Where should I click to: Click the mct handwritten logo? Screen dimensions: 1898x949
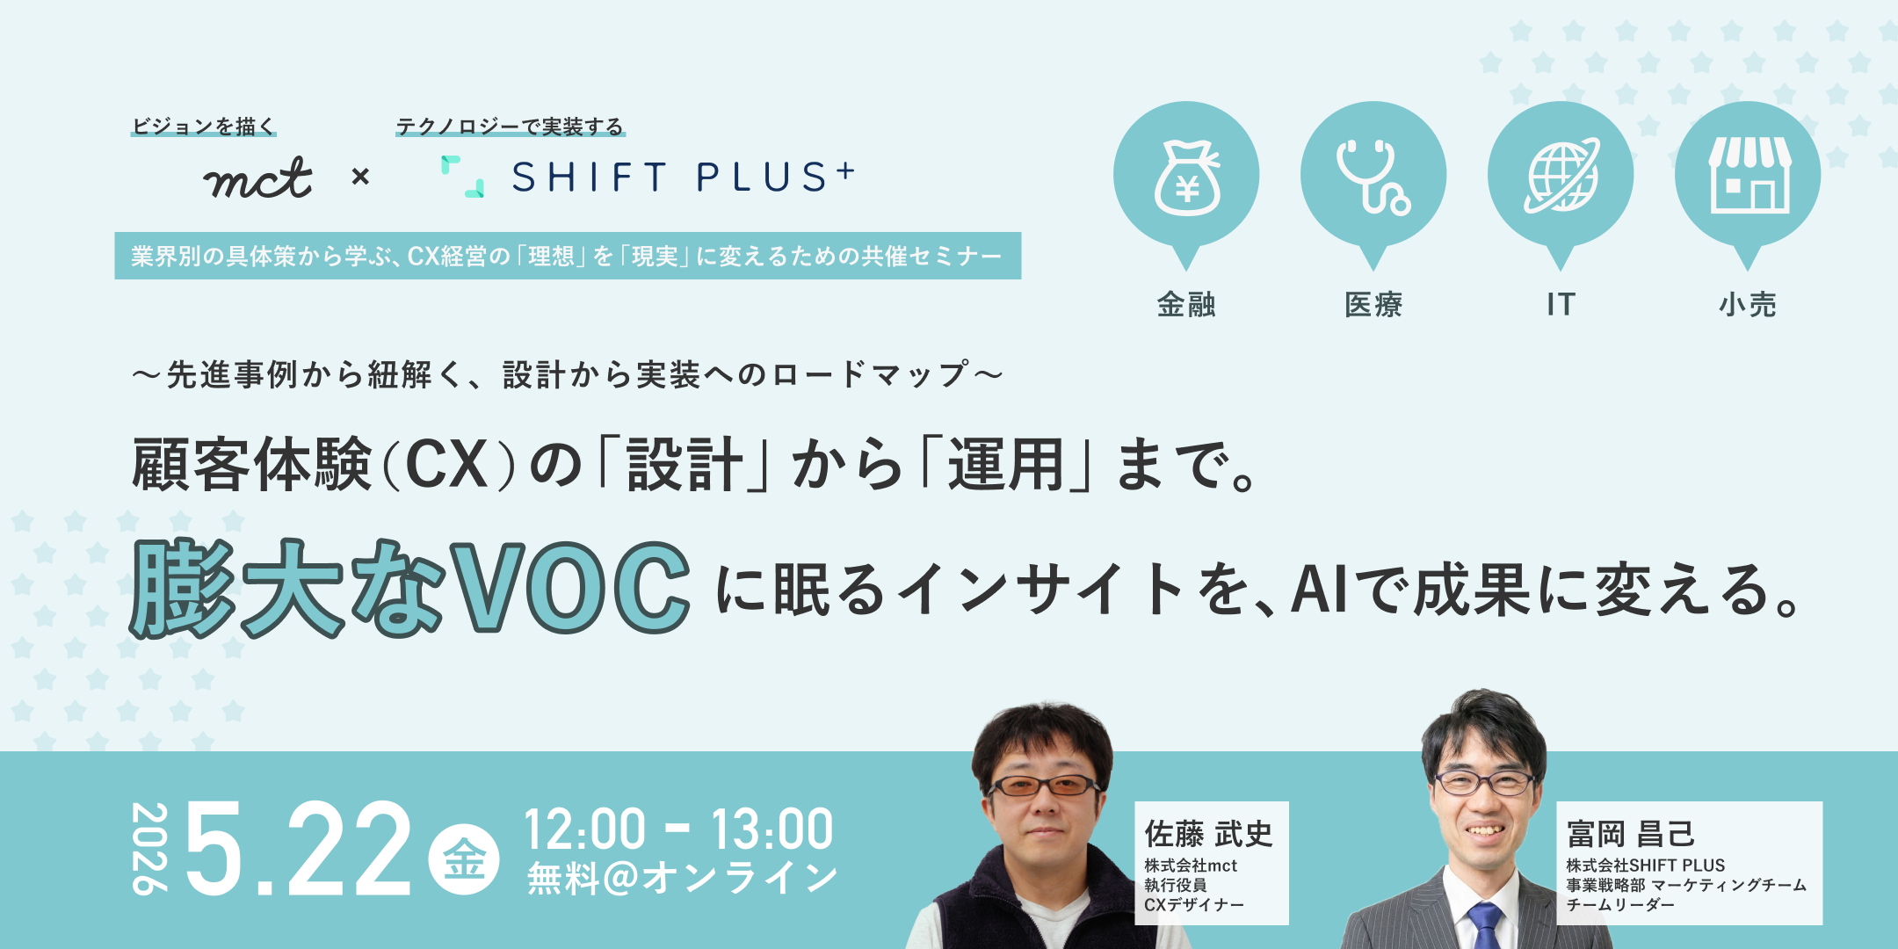257,177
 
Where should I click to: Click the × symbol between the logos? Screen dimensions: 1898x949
360,177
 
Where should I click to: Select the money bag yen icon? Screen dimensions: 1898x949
1187,177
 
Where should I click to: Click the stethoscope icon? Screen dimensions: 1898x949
1373,177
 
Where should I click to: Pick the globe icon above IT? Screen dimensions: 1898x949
1561,176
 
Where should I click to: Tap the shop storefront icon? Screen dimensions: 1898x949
1749,175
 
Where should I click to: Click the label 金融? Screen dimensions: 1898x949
1186,304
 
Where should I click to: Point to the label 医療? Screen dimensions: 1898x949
1373,304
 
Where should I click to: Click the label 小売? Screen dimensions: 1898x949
1748,304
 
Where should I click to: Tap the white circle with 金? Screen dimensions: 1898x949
464,858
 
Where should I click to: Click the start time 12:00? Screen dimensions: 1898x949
585,829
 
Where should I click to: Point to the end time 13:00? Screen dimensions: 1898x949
772,829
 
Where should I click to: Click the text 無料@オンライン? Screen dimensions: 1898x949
682,878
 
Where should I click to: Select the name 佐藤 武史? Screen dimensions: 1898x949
1208,833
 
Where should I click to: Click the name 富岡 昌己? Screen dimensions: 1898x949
1631,833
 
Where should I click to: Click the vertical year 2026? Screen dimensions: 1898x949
149,848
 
